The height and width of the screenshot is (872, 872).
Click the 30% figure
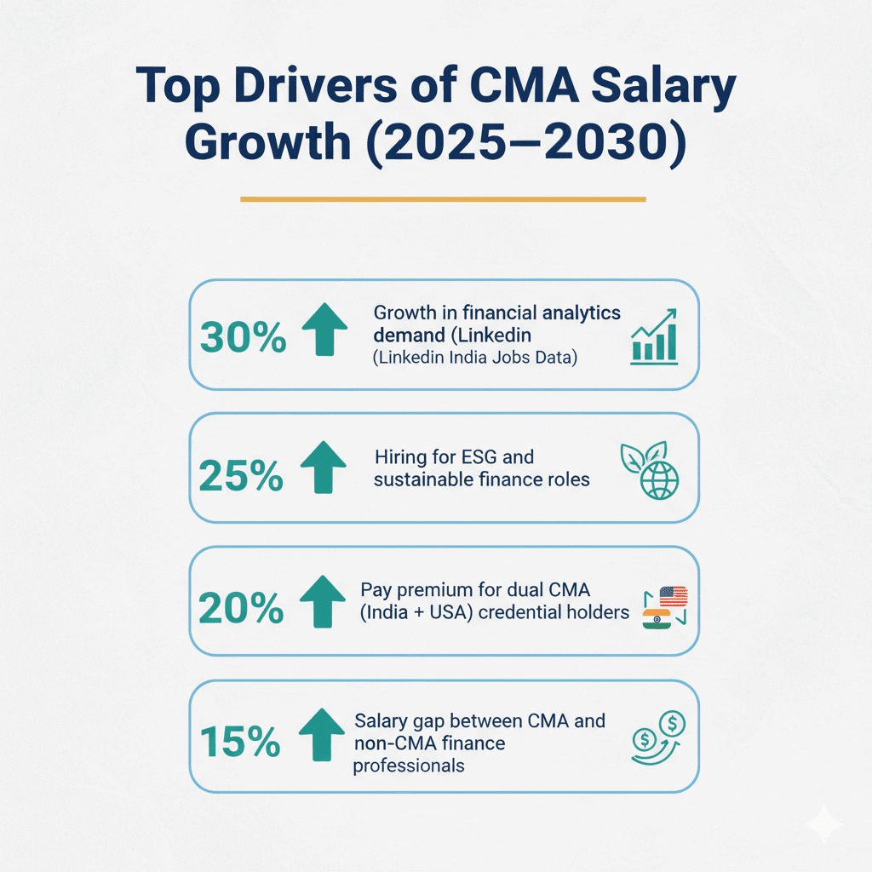point(242,338)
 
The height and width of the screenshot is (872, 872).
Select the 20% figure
point(240,608)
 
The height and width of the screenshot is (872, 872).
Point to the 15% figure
point(240,741)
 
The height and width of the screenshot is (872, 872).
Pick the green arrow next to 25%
point(324,468)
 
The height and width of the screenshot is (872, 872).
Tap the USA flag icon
point(673,595)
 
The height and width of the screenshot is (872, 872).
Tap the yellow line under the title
point(443,199)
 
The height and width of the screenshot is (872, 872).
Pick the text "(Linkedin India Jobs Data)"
point(475,358)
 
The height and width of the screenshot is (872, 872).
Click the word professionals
point(410,766)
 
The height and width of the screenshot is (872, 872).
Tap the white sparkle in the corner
point(825,824)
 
